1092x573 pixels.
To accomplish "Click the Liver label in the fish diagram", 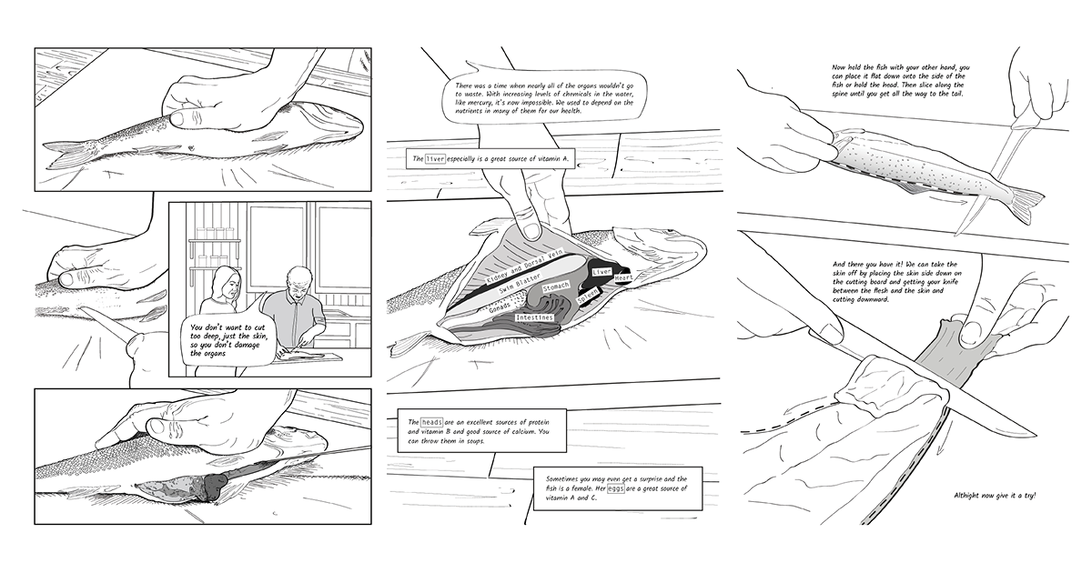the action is coord(602,271).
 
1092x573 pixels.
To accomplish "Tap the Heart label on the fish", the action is coord(623,277).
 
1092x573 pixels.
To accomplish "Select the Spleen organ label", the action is coord(588,297).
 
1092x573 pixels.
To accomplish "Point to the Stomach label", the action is coord(556,287).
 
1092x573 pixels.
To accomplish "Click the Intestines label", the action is coord(535,317).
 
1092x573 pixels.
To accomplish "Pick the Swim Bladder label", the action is coord(520,284).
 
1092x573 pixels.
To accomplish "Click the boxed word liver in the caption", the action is coord(435,158).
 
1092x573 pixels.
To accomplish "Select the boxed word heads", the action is coord(432,422).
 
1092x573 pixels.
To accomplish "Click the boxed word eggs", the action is coord(616,488).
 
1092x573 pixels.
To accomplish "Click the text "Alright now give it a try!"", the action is coord(995,496).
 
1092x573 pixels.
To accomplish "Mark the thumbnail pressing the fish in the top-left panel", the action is coord(177,118).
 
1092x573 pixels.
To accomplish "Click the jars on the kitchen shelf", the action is coord(216,234).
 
